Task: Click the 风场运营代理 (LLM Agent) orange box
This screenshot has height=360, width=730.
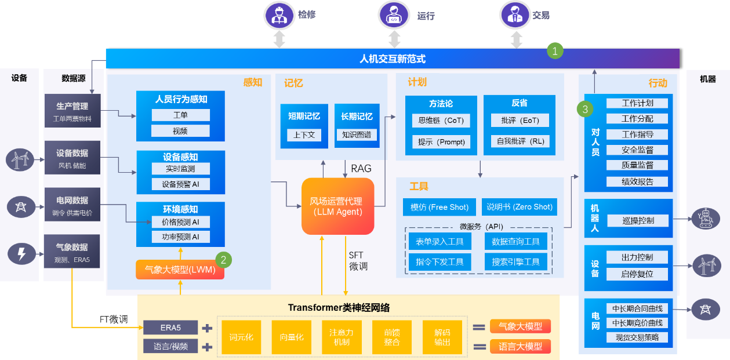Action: click(x=337, y=206)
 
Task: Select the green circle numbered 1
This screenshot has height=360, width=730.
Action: click(x=555, y=50)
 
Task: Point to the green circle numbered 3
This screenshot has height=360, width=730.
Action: click(x=585, y=109)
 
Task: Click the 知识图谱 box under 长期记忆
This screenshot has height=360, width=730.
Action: click(x=357, y=135)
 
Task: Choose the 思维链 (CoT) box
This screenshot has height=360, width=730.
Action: click(x=441, y=121)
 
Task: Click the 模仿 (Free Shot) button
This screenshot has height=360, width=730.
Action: click(x=440, y=207)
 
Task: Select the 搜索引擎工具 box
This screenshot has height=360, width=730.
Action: click(x=515, y=262)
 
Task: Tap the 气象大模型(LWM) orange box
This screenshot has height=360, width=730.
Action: click(x=180, y=270)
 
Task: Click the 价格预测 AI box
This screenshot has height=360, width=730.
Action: click(x=180, y=222)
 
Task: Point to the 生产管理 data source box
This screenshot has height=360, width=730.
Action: click(x=72, y=111)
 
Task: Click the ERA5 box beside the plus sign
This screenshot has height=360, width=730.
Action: click(x=170, y=328)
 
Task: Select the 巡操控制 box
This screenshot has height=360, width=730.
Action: click(x=637, y=220)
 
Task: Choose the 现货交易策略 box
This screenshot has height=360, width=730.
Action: click(x=637, y=337)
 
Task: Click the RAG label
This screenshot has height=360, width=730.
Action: click(x=361, y=169)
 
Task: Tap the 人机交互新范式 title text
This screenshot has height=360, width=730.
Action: click(x=393, y=59)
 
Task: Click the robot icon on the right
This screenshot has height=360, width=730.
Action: click(x=706, y=219)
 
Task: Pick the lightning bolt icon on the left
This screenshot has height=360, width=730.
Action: click(x=21, y=253)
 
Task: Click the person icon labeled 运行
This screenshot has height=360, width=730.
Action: click(x=394, y=16)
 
